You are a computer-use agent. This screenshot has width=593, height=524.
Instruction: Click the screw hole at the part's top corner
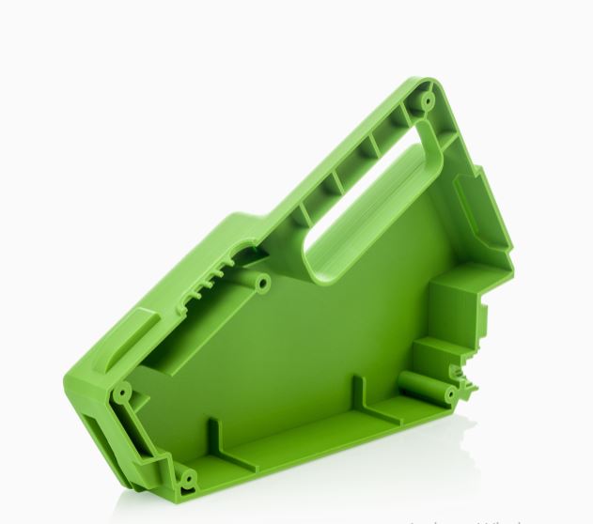pos(428,98)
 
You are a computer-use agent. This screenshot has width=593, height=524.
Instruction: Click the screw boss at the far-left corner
pos(121,391)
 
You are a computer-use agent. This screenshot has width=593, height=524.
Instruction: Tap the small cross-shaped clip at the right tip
pos(465,384)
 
